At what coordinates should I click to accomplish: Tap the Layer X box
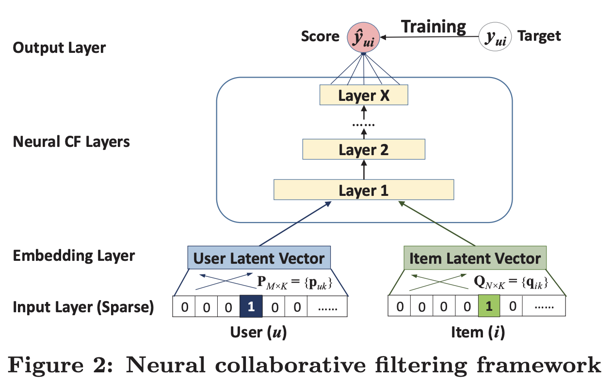(x=364, y=95)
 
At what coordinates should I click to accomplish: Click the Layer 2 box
(x=364, y=149)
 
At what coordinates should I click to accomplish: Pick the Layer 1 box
(x=364, y=190)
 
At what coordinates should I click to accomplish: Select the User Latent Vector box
(x=259, y=258)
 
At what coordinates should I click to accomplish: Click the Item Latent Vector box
(x=475, y=258)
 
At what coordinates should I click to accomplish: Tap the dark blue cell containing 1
(x=251, y=307)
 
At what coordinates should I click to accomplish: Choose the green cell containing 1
(x=489, y=307)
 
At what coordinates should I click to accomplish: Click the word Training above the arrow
(x=434, y=26)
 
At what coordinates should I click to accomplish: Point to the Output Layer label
(x=59, y=48)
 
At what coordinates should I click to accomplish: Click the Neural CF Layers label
(x=71, y=142)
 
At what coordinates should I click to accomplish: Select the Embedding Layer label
(x=74, y=255)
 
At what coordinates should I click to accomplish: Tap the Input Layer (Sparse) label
(x=83, y=307)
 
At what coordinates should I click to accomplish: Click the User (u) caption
(x=258, y=333)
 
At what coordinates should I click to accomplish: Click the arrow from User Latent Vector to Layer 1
(x=296, y=224)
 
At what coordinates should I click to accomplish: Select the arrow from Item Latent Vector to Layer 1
(x=436, y=224)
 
